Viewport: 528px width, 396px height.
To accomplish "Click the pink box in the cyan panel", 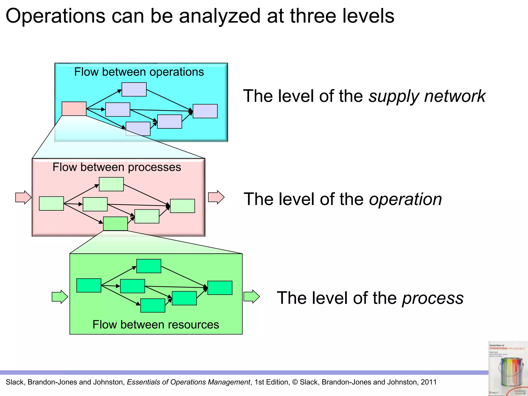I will (74, 109).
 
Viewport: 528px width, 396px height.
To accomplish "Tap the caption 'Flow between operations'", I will (139, 72).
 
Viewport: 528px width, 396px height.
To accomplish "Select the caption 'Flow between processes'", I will (117, 167).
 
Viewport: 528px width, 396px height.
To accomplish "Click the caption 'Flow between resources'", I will (156, 324).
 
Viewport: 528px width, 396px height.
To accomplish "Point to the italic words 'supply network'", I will (427, 96).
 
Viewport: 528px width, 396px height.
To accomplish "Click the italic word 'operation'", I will (405, 199).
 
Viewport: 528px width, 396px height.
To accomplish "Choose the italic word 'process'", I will (433, 298).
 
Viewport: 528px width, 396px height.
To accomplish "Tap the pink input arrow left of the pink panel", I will (23, 197).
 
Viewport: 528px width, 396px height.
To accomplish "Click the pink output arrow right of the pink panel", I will (216, 197).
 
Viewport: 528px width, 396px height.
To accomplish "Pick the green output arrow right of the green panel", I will (251, 296).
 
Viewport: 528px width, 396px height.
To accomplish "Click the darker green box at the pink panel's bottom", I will (115, 224).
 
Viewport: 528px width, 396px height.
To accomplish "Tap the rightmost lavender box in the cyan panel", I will (205, 111).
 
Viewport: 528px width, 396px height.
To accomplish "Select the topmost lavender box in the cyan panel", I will (134, 89).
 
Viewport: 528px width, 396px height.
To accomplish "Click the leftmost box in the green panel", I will (89, 285).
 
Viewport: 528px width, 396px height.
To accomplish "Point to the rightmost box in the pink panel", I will (182, 206).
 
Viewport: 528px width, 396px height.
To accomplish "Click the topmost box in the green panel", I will (149, 266).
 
